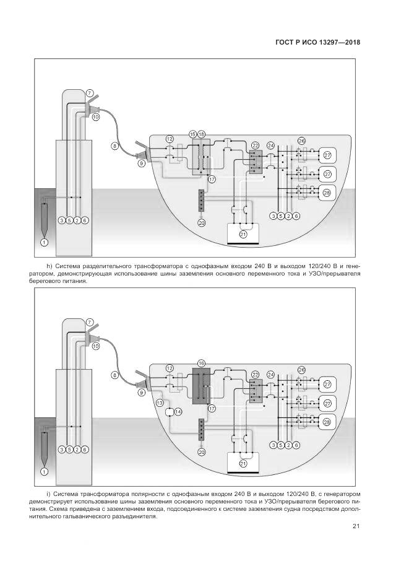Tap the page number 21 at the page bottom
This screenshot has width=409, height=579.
pyautogui.click(x=356, y=527)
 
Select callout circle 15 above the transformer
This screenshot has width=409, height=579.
pyautogui.click(x=193, y=134)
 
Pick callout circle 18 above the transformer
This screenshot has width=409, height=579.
pyautogui.click(x=201, y=134)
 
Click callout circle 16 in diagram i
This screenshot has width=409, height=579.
pyautogui.click(x=200, y=362)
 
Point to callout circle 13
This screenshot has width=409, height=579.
pyautogui.click(x=159, y=403)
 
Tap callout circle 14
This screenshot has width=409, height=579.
pyautogui.click(x=178, y=412)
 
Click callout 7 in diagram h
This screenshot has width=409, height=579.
pyautogui.click(x=90, y=93)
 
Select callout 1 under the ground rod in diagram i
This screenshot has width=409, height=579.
pyautogui.click(x=44, y=471)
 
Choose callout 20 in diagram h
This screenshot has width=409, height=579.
pyautogui.click(x=201, y=223)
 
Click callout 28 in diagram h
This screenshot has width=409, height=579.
pyautogui.click(x=327, y=193)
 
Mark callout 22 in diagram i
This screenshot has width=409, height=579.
pyautogui.click(x=255, y=374)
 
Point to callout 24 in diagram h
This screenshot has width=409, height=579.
pyautogui.click(x=270, y=146)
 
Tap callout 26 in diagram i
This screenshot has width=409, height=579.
pyautogui.click(x=301, y=370)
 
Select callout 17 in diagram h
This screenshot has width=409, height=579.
pyautogui.click(x=211, y=179)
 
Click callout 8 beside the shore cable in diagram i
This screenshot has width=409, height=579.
pyautogui.click(x=114, y=375)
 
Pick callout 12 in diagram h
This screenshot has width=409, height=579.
pyautogui.click(x=170, y=140)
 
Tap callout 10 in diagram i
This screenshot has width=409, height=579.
pyautogui.click(x=96, y=347)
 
